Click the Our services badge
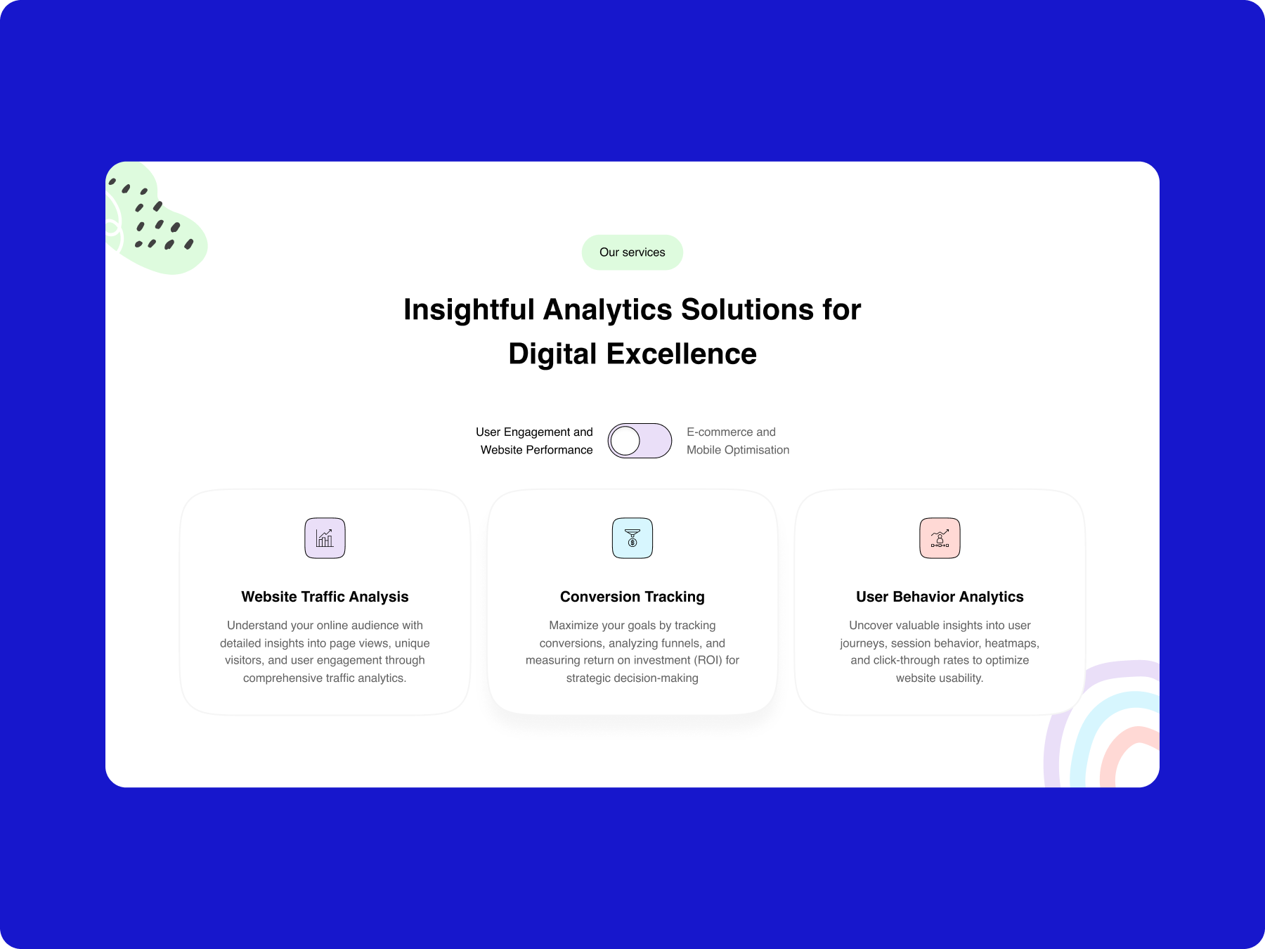(632, 252)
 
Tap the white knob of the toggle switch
(625, 441)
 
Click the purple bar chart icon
(325, 538)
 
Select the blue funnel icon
(632, 538)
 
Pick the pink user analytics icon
(940, 538)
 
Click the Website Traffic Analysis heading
(325, 597)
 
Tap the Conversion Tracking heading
(632, 597)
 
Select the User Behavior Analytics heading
(940, 597)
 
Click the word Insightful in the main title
(469, 310)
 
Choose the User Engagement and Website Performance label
(535, 441)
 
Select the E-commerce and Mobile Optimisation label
(738, 441)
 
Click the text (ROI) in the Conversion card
(708, 660)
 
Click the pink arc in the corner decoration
(1128, 756)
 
